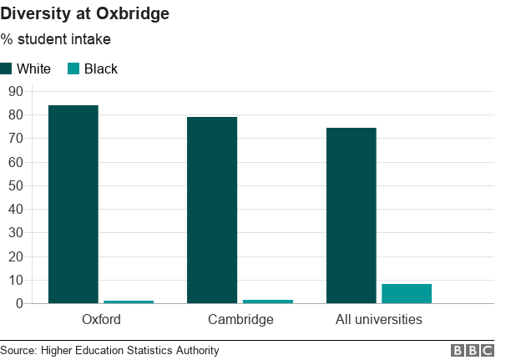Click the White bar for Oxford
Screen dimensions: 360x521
(73, 204)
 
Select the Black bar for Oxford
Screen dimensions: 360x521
(129, 301)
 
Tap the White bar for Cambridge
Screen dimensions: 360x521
(212, 210)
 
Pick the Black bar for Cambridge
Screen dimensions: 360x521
(268, 301)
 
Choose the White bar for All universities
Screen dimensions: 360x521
(352, 215)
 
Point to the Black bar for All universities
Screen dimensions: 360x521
(407, 293)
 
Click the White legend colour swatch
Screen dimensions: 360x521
(7, 68)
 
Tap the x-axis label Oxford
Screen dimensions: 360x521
(101, 319)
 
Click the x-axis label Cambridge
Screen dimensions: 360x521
(240, 319)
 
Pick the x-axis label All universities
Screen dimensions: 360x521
(379, 319)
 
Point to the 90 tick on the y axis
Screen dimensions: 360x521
(14, 91)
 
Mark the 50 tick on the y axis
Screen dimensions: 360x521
(14, 185)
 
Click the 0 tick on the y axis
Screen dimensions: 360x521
(18, 303)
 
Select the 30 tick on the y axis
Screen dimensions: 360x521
(14, 233)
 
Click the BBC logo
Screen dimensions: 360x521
(473, 351)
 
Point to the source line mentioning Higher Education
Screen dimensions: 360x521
(109, 351)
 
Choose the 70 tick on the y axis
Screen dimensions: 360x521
(14, 138)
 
